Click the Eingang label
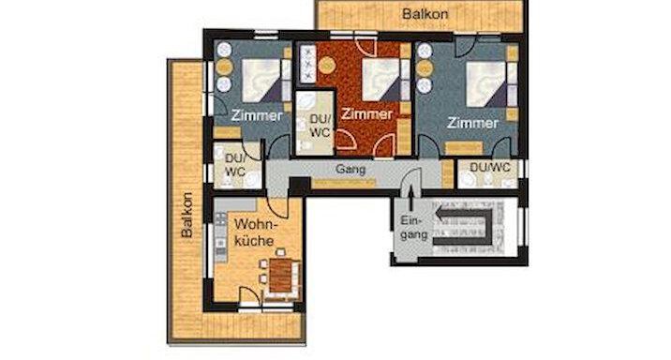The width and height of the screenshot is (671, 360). tap(413, 229)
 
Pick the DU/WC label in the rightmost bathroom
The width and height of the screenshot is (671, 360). tap(490, 167)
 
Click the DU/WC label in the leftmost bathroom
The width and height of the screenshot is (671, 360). tap(231, 166)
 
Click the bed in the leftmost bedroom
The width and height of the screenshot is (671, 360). tap(259, 80)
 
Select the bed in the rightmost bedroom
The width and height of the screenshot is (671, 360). tap(486, 84)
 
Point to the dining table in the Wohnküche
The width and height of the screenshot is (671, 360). tap(279, 277)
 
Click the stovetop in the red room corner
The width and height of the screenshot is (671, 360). tap(306, 63)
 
